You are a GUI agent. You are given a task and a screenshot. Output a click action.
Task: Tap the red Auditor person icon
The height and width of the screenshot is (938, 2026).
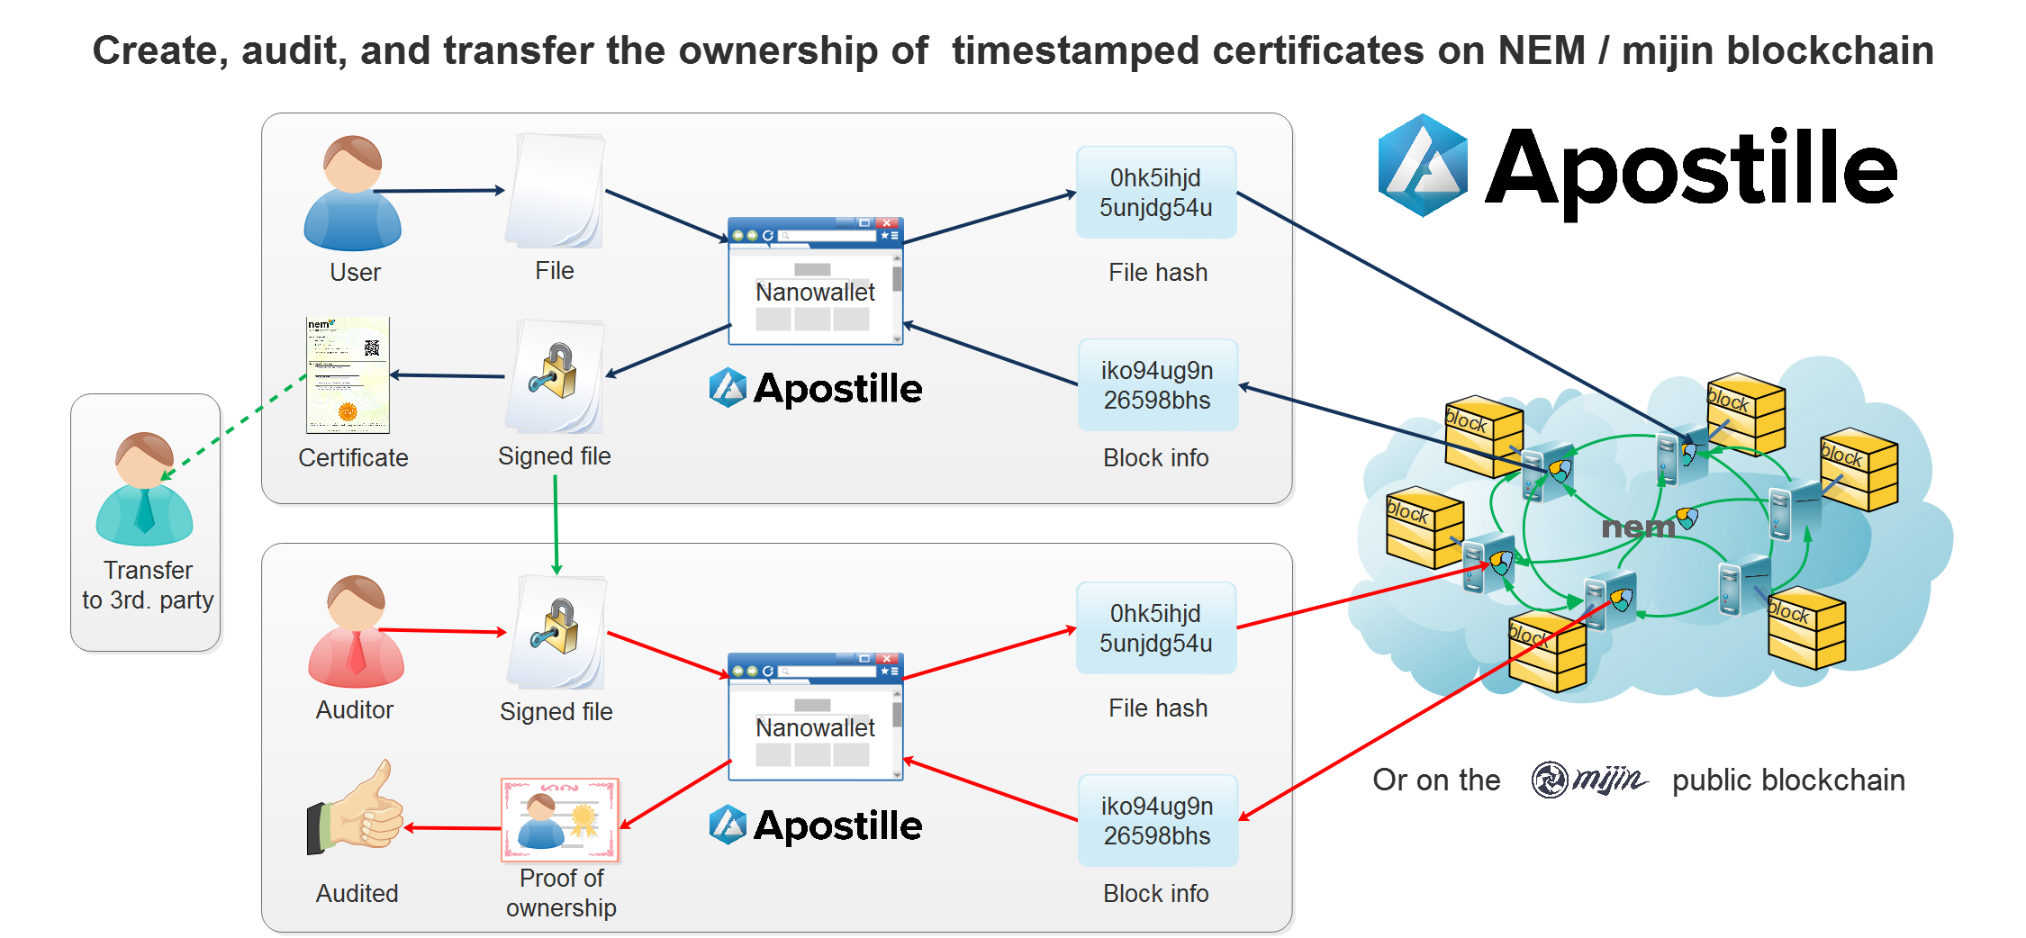(356, 632)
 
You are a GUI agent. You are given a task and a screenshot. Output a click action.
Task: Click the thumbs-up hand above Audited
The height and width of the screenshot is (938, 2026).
(357, 807)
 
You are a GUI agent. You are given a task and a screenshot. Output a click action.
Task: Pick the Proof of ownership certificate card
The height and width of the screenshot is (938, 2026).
(560, 819)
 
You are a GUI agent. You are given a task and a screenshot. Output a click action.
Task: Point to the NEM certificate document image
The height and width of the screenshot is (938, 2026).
(348, 374)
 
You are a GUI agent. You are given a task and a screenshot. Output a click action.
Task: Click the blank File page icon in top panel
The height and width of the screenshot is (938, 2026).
(556, 191)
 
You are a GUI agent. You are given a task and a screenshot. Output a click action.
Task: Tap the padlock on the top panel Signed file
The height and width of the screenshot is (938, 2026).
(556, 371)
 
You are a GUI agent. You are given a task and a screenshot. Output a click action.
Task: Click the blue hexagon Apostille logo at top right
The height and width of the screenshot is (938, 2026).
(1423, 165)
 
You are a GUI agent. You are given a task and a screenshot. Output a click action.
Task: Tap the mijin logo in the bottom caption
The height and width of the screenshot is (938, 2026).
(1589, 780)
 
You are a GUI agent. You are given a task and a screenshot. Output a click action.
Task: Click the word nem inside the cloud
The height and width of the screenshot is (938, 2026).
(1637, 527)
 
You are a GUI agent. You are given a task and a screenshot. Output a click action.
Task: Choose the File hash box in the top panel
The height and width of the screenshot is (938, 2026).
(1156, 193)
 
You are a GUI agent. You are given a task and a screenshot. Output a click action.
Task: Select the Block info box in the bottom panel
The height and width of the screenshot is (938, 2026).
(1158, 821)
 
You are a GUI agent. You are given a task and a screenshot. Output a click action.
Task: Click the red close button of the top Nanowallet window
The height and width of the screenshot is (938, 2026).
(887, 222)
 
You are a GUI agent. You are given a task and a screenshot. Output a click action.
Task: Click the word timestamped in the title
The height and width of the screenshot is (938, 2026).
(1075, 50)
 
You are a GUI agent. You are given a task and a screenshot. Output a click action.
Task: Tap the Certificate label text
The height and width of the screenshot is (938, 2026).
(353, 458)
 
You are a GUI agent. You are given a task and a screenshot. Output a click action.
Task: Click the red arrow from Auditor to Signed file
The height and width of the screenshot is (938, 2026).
(441, 631)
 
